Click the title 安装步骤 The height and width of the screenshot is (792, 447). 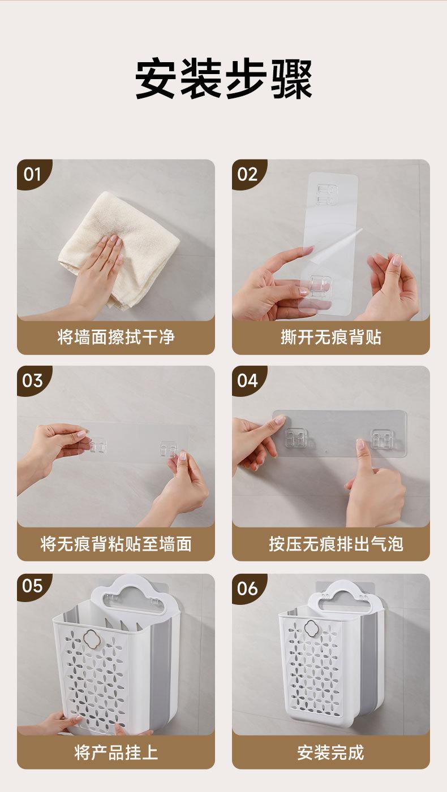(223, 79)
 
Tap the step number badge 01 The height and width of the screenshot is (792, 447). (33, 174)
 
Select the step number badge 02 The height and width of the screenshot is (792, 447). (247, 174)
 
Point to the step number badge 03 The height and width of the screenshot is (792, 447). (33, 380)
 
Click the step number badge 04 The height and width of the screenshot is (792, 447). (247, 380)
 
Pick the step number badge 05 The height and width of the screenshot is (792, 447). (33, 587)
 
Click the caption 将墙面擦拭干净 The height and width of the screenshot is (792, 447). (116, 336)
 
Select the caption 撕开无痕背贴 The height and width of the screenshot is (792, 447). (331, 336)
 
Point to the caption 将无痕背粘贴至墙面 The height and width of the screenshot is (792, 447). (116, 544)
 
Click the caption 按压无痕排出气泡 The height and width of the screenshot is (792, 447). (336, 544)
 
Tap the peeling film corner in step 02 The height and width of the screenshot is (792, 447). (360, 230)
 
